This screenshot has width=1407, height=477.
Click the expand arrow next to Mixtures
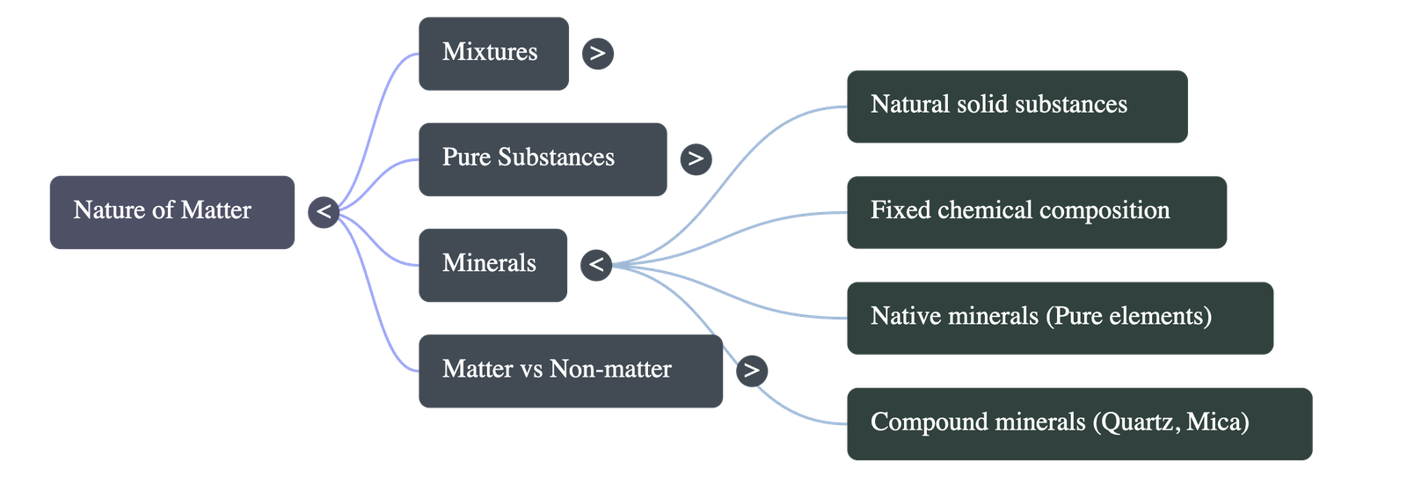point(598,54)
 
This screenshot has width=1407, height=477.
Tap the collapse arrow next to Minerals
point(596,264)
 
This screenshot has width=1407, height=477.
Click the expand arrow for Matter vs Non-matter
point(751,370)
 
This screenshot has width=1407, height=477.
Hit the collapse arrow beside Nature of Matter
point(324,212)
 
